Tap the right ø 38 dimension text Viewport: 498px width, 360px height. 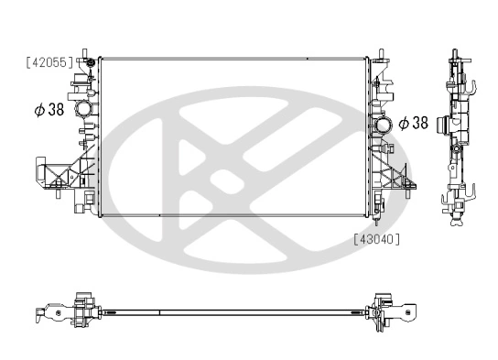[x=411, y=122]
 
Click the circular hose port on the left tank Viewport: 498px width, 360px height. [x=84, y=109]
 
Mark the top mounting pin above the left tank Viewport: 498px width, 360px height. [x=86, y=47]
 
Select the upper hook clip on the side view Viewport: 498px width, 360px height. [x=474, y=91]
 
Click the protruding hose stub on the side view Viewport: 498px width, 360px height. [x=444, y=121]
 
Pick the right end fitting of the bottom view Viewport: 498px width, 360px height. [x=392, y=311]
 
